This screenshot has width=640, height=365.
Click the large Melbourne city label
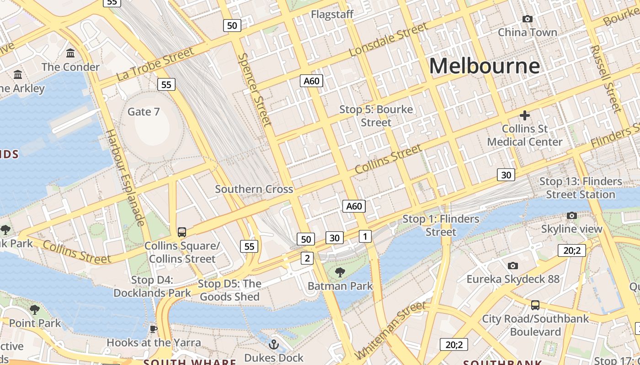(x=484, y=66)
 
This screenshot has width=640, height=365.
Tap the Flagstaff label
(x=332, y=14)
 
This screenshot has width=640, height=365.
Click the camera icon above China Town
(x=527, y=19)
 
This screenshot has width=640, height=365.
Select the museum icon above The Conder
(x=70, y=53)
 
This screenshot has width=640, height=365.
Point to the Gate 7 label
(x=144, y=111)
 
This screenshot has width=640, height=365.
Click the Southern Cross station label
(x=254, y=189)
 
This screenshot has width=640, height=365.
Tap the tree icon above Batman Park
(x=340, y=272)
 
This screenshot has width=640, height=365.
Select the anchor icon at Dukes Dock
(x=274, y=344)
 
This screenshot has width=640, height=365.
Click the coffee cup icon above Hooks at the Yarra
(x=154, y=328)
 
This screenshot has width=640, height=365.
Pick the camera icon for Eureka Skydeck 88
(x=513, y=266)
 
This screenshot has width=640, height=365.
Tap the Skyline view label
(x=571, y=229)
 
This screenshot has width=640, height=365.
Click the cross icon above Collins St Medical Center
(x=524, y=115)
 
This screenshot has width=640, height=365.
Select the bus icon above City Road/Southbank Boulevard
(x=535, y=305)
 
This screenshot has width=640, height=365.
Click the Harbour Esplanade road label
(x=125, y=177)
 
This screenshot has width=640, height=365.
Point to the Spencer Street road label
(x=255, y=89)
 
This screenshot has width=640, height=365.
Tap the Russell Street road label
(x=606, y=78)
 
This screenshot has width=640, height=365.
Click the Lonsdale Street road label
(x=389, y=40)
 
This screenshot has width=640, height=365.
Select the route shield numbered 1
(x=365, y=236)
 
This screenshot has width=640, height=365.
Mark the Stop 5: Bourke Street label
(x=376, y=116)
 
